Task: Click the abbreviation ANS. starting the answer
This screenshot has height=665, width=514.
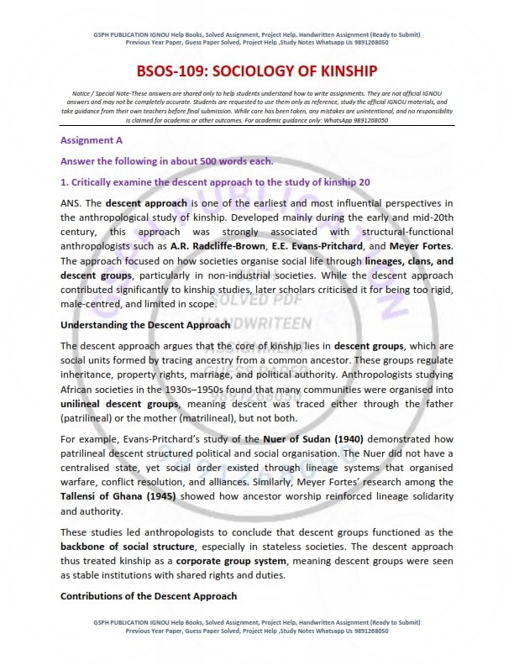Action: click(x=71, y=203)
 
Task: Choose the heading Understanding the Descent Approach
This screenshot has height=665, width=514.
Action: click(x=134, y=324)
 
